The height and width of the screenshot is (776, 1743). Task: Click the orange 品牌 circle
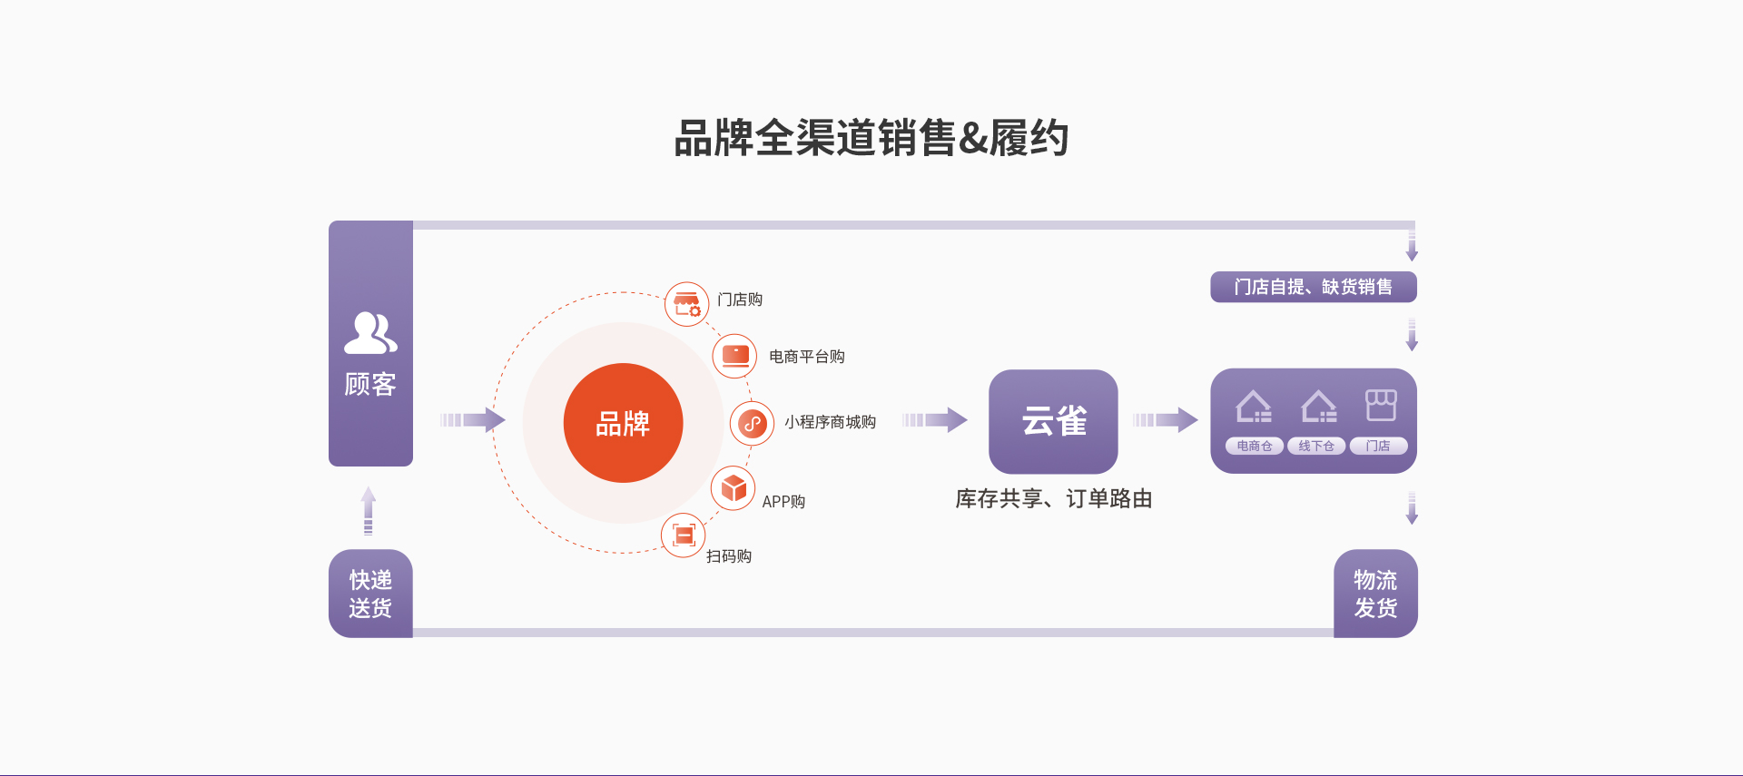[623, 423]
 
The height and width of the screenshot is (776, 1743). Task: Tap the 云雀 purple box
[1053, 421]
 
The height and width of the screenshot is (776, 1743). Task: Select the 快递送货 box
[370, 594]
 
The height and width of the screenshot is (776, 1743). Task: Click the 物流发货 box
[1375, 594]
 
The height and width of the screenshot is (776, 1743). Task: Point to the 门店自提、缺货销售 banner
[1314, 287]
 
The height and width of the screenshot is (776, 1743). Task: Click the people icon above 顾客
[370, 333]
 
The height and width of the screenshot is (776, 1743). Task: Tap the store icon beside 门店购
[686, 304]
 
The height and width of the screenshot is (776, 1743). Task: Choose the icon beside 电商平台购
[735, 356]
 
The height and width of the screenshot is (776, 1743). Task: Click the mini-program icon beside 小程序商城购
[753, 423]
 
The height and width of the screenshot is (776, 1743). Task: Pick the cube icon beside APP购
[734, 489]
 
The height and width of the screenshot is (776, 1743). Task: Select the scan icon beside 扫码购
[684, 535]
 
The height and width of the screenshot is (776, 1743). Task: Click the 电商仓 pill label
[1255, 446]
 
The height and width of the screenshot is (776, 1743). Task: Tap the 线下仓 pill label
[1316, 446]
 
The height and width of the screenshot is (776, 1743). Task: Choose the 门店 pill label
[1378, 446]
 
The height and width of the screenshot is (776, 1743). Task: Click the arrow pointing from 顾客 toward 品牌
[473, 419]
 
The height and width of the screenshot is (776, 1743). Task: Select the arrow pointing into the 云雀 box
[935, 419]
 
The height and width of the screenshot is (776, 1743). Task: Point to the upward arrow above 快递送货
[369, 511]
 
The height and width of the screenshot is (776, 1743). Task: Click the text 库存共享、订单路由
[1053, 498]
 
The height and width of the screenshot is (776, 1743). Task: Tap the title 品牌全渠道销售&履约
[871, 138]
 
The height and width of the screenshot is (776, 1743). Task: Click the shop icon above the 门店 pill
[1381, 405]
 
